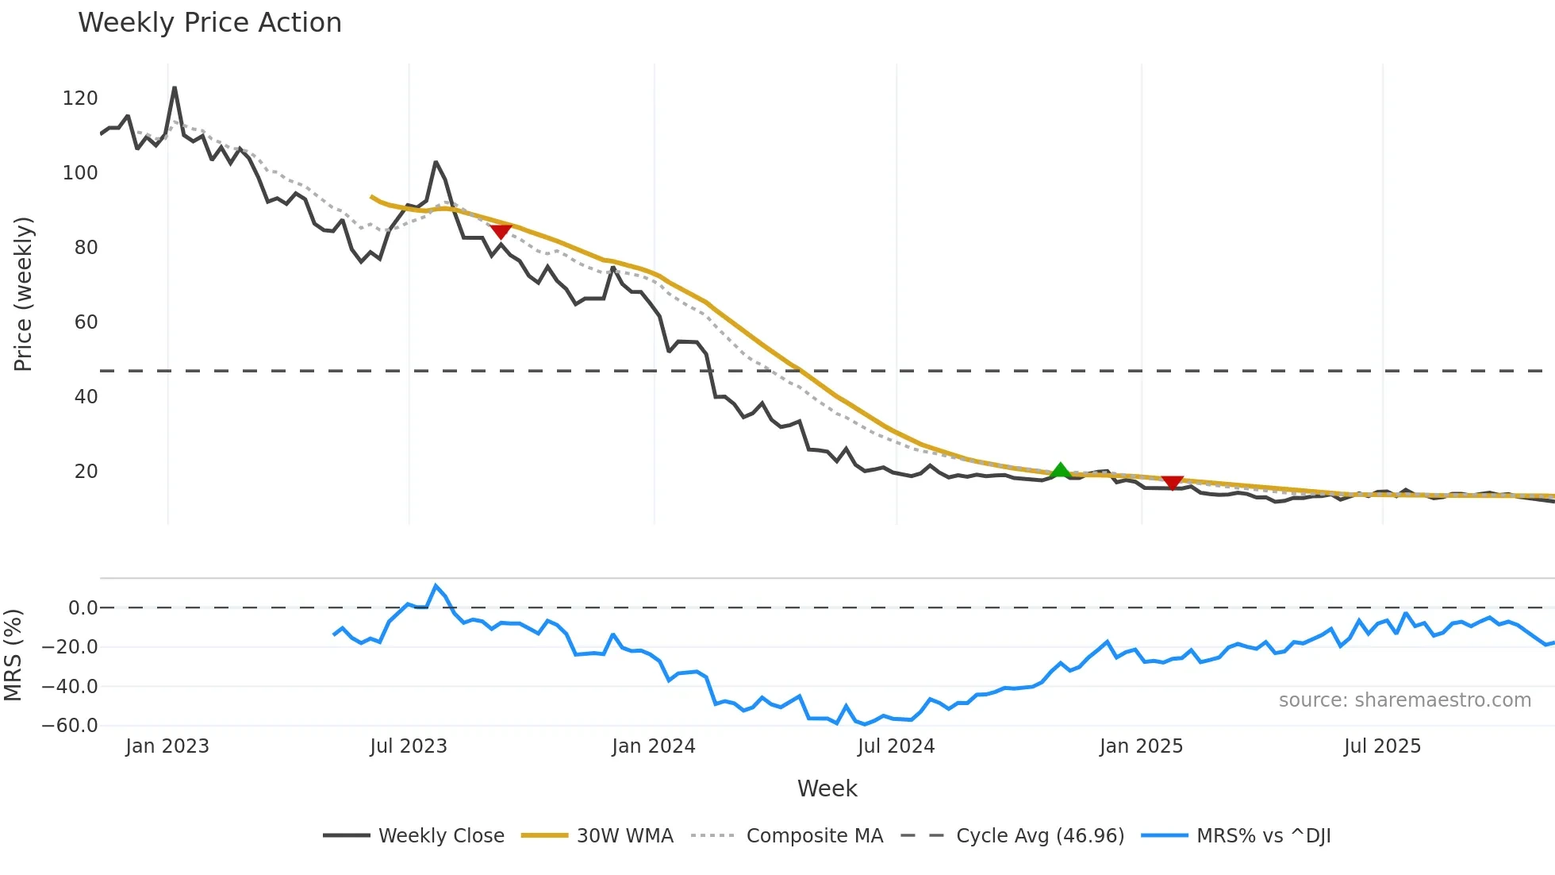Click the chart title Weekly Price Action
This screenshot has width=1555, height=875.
click(209, 23)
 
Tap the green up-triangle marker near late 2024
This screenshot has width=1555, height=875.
click(1060, 470)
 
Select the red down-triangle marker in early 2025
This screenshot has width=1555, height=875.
click(1172, 482)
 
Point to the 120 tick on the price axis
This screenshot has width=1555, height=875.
click(79, 98)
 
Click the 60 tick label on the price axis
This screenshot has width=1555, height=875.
click(86, 322)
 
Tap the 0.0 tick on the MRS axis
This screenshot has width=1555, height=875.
click(83, 608)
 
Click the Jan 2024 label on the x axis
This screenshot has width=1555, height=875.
click(653, 746)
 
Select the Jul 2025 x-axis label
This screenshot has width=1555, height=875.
click(1382, 746)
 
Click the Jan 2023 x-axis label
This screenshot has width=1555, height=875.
click(167, 746)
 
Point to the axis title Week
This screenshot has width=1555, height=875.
click(827, 788)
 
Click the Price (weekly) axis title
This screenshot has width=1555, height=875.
click(23, 294)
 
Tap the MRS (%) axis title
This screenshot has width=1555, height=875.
click(13, 655)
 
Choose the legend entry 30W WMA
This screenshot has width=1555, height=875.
click(624, 836)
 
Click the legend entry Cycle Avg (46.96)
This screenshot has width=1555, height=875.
click(1039, 836)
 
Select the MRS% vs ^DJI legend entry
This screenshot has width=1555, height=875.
click(1263, 836)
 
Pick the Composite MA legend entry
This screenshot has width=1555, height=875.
click(814, 836)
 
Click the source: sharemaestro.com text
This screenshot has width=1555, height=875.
click(1404, 700)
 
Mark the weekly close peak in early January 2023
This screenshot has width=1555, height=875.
click(175, 87)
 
